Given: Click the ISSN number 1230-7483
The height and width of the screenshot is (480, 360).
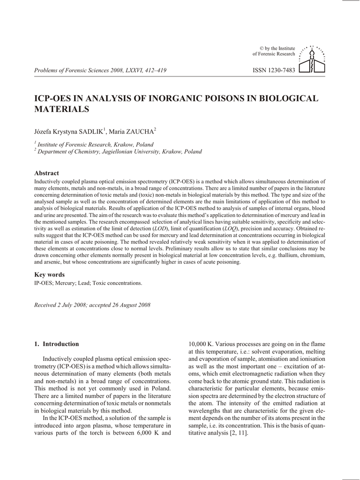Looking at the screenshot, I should pyautogui.click(x=274, y=71).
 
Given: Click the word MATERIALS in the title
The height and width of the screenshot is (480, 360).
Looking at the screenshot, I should pyautogui.click(x=62, y=109).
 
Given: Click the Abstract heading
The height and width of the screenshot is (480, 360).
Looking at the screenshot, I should pyautogui.click(x=47, y=173).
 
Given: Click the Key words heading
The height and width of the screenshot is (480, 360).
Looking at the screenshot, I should pyautogui.click(x=50, y=275).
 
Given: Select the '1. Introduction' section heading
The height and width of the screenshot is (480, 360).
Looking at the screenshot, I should pyautogui.click(x=57, y=344).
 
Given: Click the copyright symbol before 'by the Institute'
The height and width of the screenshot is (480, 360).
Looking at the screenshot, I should pyautogui.click(x=262, y=48).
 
